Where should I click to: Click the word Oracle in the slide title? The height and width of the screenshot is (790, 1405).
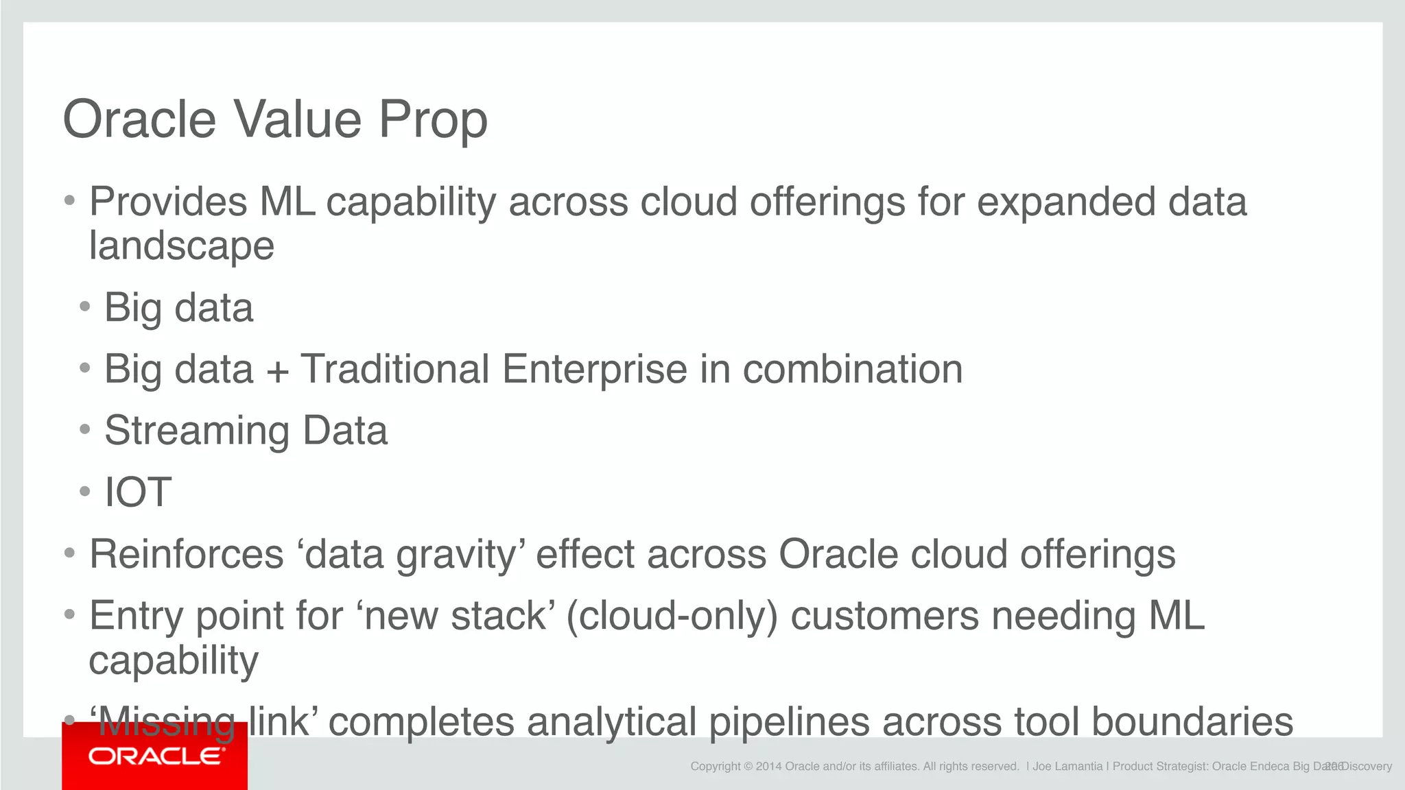[x=139, y=119]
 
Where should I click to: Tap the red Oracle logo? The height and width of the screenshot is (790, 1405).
[x=155, y=757]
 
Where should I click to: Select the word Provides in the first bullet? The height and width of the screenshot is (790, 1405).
[x=168, y=202]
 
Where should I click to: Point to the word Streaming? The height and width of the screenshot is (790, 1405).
[x=197, y=431]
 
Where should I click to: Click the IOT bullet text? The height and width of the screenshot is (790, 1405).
[x=137, y=492]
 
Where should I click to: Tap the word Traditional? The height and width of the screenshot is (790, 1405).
[x=395, y=370]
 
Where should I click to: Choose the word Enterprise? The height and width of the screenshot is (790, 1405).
[x=595, y=370]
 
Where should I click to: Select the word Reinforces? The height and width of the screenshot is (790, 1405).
[x=187, y=554]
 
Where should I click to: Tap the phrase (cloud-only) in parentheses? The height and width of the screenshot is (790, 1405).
[x=672, y=616]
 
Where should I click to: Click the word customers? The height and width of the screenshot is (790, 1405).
[x=884, y=616]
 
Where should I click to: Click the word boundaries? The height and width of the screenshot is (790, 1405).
[x=1192, y=722]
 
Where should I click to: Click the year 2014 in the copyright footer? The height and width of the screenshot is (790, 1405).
[x=768, y=767]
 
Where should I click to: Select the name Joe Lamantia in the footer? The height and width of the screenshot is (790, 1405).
[x=1067, y=767]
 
